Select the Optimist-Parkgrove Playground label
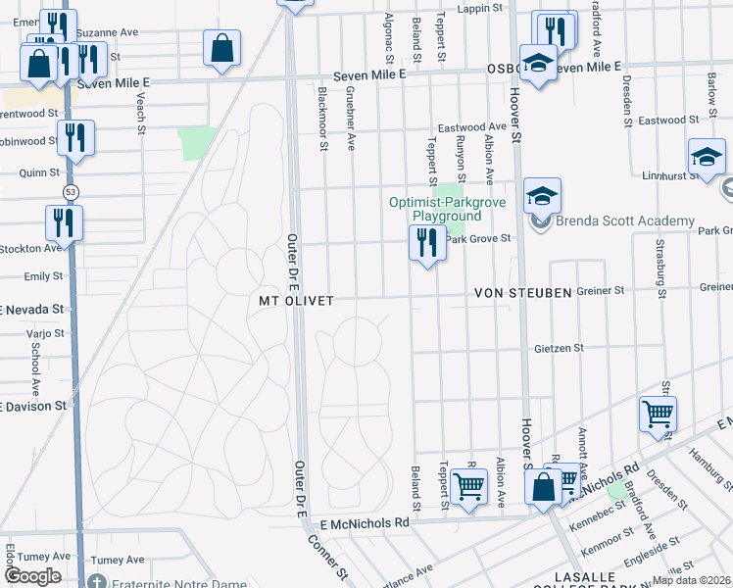435,209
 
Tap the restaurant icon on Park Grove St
426,242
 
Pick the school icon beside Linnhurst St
707,158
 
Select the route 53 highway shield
69,192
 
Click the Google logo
32,576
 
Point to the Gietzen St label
559,348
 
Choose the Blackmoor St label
322,118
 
